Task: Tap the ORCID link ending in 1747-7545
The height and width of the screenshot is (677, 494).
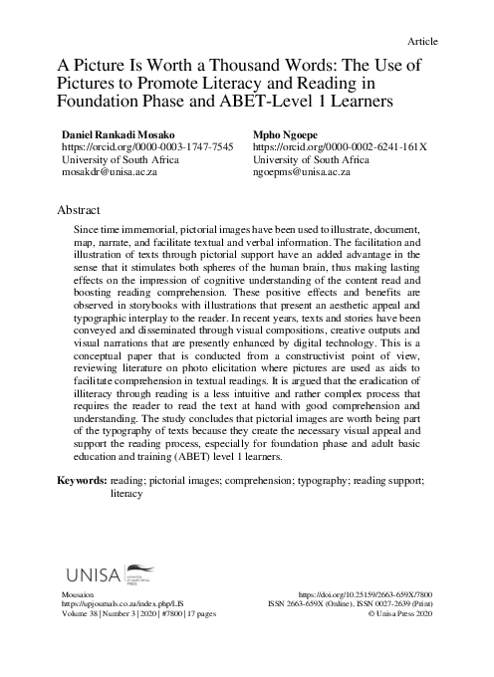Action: (x=148, y=145)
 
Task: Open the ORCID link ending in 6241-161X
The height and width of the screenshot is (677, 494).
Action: (x=341, y=145)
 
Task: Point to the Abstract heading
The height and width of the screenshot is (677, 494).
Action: (x=81, y=212)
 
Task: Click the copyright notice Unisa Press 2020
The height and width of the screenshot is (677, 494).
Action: (x=400, y=614)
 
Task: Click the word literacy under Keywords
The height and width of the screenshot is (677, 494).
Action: (x=126, y=493)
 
